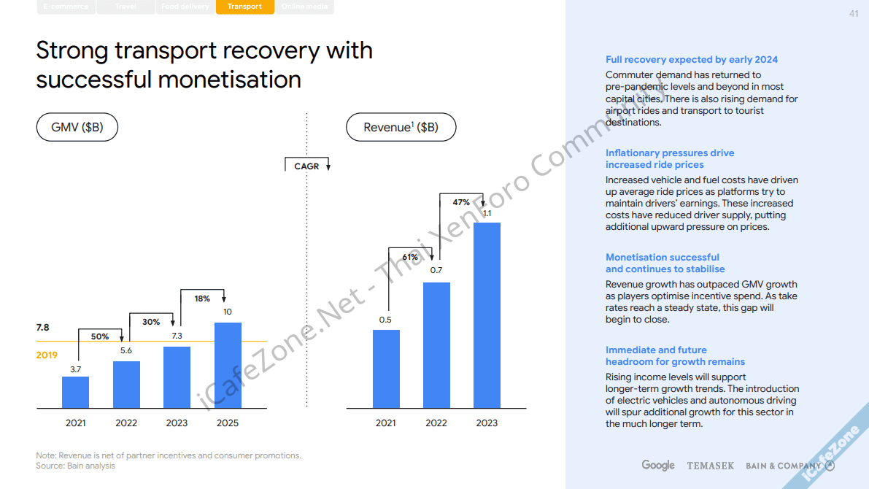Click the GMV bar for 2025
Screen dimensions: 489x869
pyautogui.click(x=228, y=365)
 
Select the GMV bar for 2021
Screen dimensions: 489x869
pyautogui.click(x=75, y=392)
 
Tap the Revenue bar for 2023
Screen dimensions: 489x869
pyautogui.click(x=487, y=315)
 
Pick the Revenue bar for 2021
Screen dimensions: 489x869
pyautogui.click(x=386, y=369)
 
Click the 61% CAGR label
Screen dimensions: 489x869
pyautogui.click(x=410, y=257)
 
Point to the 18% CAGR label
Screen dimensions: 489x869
pyautogui.click(x=202, y=299)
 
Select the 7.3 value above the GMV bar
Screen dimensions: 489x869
pyautogui.click(x=177, y=336)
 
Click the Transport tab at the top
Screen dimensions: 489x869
pyautogui.click(x=244, y=7)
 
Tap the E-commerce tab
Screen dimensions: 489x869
pyautogui.click(x=66, y=7)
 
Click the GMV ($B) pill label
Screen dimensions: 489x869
pyautogui.click(x=77, y=128)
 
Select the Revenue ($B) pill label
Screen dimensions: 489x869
pyautogui.click(x=401, y=128)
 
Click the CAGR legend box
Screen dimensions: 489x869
pyautogui.click(x=307, y=166)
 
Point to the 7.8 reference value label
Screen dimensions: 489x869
pyautogui.click(x=43, y=328)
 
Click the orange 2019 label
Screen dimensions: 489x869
pyautogui.click(x=47, y=355)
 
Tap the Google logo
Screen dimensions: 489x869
pyautogui.click(x=658, y=465)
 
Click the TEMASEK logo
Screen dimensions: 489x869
pyautogui.click(x=711, y=466)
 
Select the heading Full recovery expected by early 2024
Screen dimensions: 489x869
pyautogui.click(x=692, y=60)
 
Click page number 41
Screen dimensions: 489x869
pyautogui.click(x=854, y=14)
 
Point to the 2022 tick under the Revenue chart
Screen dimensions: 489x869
pyautogui.click(x=436, y=423)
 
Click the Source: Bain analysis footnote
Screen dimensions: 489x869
pyautogui.click(x=76, y=466)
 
